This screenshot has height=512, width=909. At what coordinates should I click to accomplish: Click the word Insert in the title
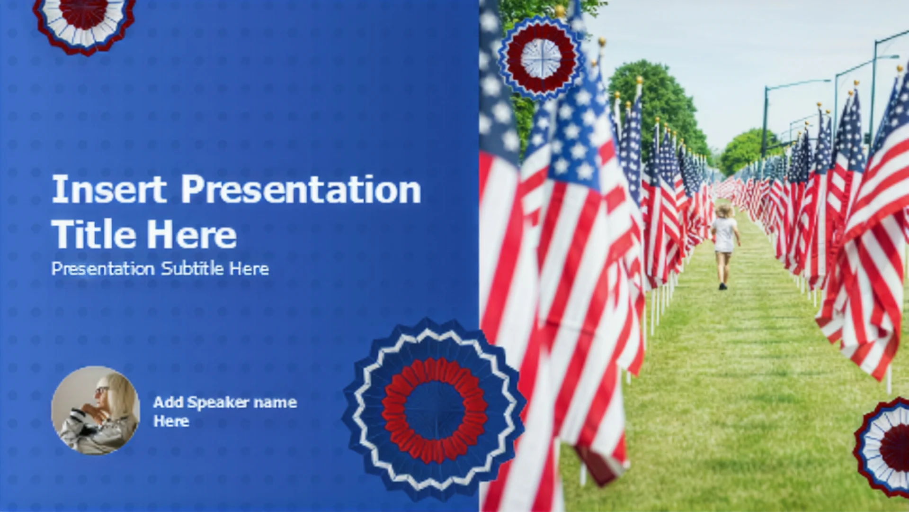coord(109,189)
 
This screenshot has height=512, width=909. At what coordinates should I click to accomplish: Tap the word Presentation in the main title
coord(301,189)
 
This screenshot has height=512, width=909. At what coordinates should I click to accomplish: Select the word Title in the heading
coord(93,234)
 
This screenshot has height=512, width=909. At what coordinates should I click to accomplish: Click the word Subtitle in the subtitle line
coord(192,269)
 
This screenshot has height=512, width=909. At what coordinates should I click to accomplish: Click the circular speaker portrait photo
coord(96,411)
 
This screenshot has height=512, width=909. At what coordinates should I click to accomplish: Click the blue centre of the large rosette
coord(434,411)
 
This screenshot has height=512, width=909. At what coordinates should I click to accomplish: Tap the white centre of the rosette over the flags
coord(541,58)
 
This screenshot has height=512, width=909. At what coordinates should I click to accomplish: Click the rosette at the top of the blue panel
coord(84,21)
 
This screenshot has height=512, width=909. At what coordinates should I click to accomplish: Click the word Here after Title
coord(191,234)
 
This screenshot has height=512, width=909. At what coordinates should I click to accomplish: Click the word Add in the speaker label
coord(168,402)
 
